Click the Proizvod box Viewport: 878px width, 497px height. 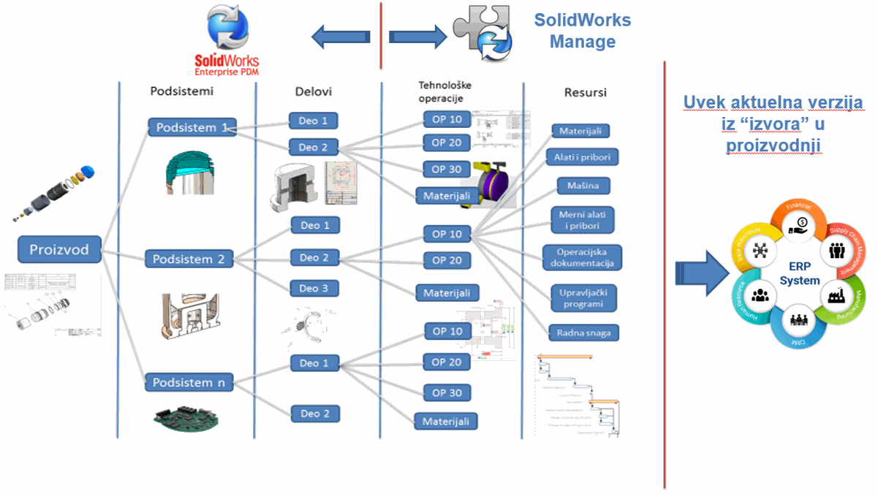coord(58,249)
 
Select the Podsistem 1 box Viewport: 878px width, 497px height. coord(191,127)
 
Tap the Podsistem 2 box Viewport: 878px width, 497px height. coord(189,259)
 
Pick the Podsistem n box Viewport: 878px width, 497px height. coord(189,382)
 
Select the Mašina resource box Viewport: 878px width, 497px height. coord(583,186)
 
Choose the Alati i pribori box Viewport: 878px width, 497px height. coord(582,157)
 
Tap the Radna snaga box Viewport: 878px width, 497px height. coord(583,333)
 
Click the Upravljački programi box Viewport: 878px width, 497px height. coord(583,297)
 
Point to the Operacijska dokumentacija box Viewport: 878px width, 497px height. coord(583,257)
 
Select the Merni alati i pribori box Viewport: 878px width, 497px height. coord(583,220)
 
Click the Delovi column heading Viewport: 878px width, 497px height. coord(313,91)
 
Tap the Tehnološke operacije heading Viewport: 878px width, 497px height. coord(440,91)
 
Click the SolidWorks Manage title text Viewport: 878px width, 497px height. coord(582,31)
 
